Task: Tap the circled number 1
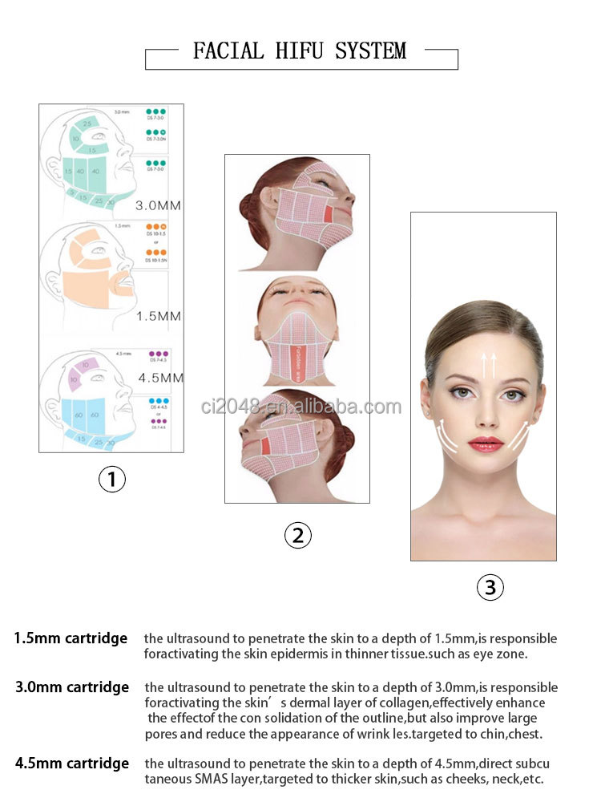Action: click(111, 480)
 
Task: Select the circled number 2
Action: click(297, 535)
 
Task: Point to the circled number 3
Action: click(490, 587)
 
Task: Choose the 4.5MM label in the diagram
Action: click(160, 377)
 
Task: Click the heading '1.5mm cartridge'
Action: click(71, 638)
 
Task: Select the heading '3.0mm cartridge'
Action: click(71, 687)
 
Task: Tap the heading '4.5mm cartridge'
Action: click(71, 763)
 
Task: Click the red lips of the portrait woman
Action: click(485, 443)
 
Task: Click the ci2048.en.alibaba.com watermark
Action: click(301, 407)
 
